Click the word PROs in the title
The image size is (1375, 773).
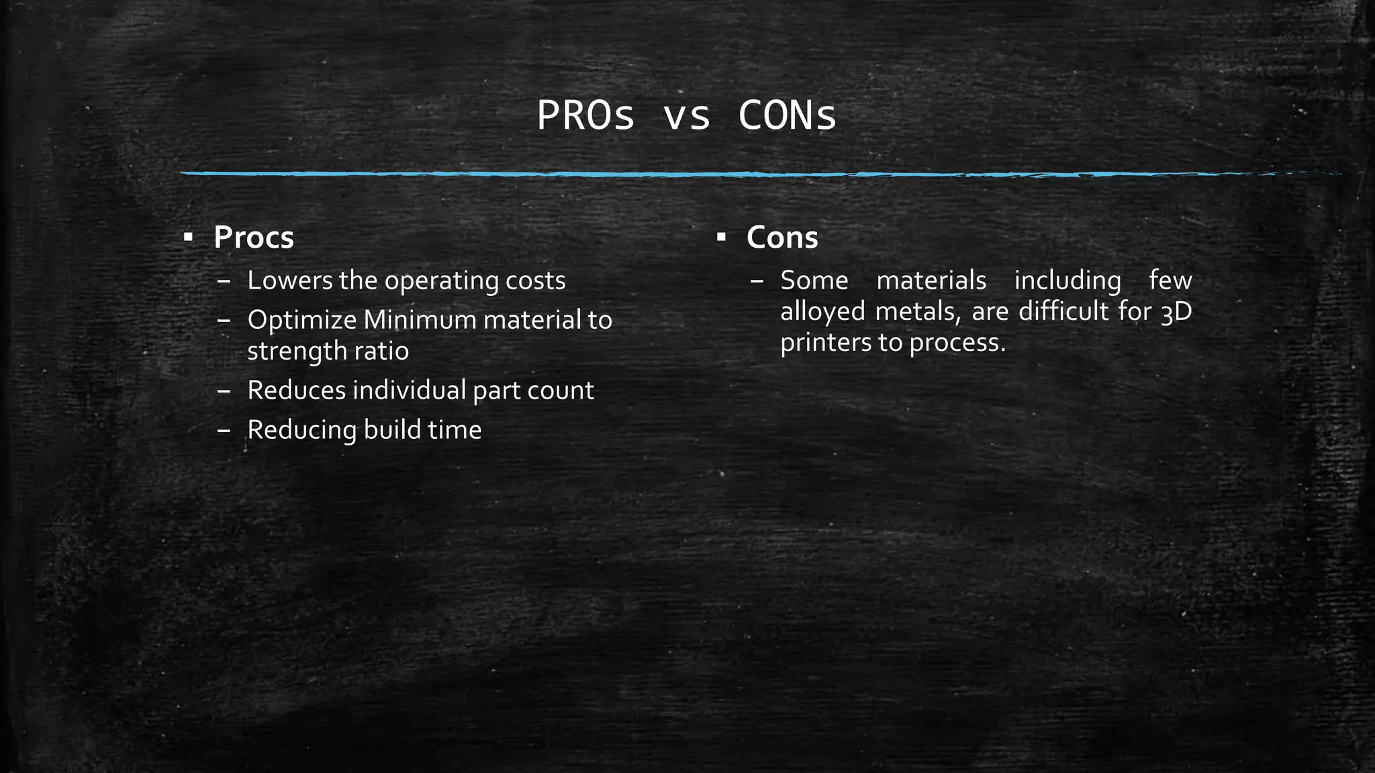click(585, 116)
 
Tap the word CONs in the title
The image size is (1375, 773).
click(787, 116)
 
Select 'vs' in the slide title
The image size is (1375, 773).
click(686, 116)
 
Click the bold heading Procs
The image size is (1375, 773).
click(254, 238)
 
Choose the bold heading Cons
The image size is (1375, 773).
click(782, 238)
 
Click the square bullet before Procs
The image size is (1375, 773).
click(189, 237)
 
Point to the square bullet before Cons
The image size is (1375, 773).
click(721, 237)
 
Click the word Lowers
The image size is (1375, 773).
click(289, 280)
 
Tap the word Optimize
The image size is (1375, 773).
click(301, 320)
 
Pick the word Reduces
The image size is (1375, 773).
click(296, 391)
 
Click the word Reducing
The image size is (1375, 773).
click(302, 430)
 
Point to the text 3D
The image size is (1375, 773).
click(1176, 312)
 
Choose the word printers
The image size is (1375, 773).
click(825, 343)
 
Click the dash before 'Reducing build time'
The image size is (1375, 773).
click(224, 430)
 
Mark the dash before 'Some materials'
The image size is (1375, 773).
click(757, 280)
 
